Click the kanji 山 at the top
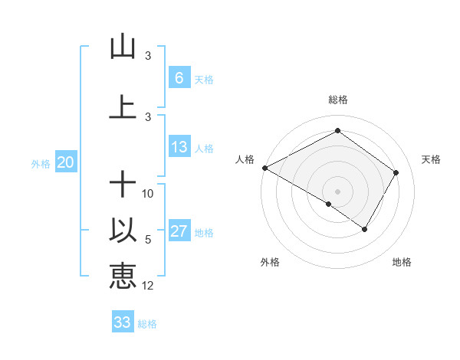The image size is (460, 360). coord(122,47)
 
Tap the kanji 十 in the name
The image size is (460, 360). coord(122,185)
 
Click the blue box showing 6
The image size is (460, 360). coord(179,77)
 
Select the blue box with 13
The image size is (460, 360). coord(179,147)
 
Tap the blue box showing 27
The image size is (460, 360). coord(179,232)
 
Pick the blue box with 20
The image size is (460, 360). coord(65,162)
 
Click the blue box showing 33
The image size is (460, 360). coord(123,322)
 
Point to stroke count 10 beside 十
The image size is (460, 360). coord(148,194)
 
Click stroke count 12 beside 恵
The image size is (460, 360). coord(148,286)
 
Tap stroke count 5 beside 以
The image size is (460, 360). coord(148,240)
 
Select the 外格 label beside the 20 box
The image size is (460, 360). coord(41,163)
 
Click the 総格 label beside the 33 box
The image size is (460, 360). coord(147,324)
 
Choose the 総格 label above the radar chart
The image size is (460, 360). coord(337,100)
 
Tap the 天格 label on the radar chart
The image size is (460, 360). coord(432,159)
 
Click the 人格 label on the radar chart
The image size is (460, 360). coord(245,159)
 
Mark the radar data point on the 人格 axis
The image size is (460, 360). coord(264,168)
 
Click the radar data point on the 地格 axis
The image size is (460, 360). coord(365,229)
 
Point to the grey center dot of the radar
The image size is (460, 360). coord(337,191)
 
